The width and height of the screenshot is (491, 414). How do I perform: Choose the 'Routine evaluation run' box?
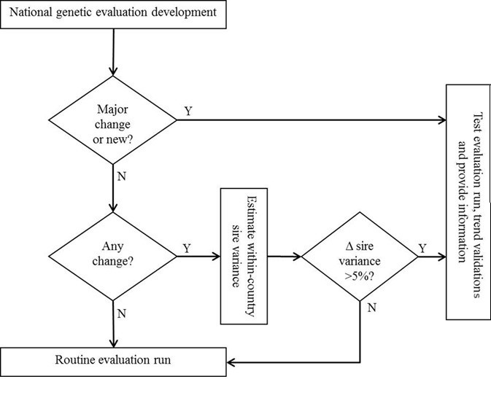point(113,361)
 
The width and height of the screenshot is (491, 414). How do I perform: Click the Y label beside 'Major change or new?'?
point(188,112)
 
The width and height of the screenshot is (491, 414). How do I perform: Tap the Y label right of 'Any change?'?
point(187,249)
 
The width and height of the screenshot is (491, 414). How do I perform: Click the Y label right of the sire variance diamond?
point(422,249)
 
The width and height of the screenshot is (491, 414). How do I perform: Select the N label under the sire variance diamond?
point(371,308)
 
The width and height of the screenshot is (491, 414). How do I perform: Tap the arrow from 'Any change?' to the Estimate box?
point(198,257)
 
